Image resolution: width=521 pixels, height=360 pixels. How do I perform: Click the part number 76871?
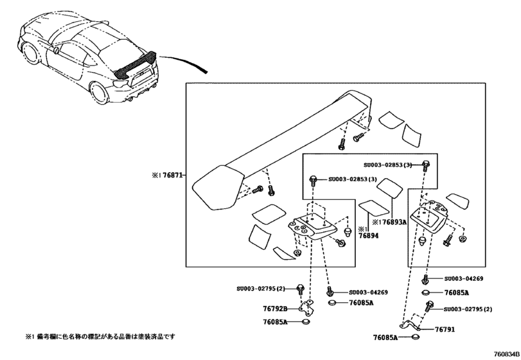(x=170, y=175)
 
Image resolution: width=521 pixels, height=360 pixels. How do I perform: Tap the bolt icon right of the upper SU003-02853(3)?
(x=426, y=165)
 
